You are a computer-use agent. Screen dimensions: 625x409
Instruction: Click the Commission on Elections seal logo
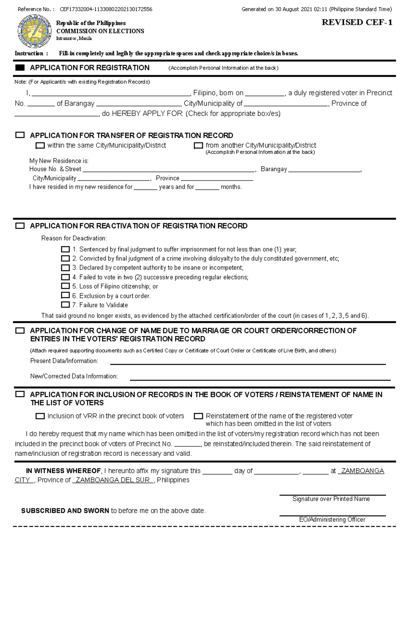click(x=34, y=32)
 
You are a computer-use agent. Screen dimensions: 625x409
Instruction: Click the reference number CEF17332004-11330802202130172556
click(x=106, y=10)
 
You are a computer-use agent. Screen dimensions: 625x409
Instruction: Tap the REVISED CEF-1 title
click(x=357, y=22)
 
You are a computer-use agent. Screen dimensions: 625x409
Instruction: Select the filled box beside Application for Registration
click(x=20, y=68)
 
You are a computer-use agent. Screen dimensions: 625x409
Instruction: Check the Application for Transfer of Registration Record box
click(x=20, y=135)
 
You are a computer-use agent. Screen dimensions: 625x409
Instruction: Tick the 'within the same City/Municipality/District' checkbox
click(x=40, y=146)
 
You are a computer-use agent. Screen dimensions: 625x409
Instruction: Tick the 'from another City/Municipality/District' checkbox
click(x=198, y=146)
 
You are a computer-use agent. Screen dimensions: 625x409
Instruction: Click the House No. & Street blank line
click(x=169, y=171)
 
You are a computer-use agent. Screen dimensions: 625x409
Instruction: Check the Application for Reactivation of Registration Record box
click(x=20, y=226)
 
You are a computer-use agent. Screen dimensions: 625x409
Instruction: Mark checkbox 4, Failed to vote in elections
click(x=65, y=277)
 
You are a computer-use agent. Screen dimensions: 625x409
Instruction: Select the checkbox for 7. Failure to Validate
click(x=65, y=305)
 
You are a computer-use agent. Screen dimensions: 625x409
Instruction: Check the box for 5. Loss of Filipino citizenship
click(x=65, y=286)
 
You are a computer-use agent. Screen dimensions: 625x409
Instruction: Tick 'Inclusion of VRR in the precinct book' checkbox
click(x=40, y=416)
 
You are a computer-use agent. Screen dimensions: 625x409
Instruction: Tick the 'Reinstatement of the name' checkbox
click(x=198, y=416)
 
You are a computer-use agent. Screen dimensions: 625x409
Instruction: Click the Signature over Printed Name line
click(x=332, y=494)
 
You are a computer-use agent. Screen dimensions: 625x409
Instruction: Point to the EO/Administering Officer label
click(x=332, y=520)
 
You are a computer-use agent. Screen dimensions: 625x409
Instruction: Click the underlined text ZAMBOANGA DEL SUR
click(x=113, y=480)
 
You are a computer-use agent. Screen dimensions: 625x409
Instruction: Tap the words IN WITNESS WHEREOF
click(x=63, y=471)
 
